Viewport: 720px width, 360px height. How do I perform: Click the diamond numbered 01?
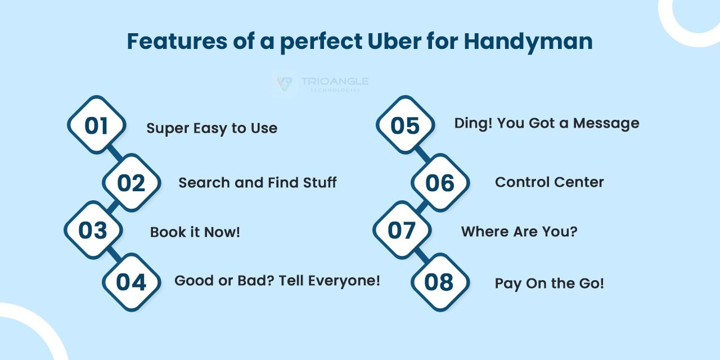(96, 125)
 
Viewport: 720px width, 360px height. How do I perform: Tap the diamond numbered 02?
(132, 183)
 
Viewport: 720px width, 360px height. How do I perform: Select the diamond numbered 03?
(93, 230)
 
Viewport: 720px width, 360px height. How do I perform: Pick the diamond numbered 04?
(132, 282)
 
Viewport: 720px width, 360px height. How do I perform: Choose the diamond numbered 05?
(406, 125)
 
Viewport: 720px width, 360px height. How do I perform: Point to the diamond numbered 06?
(440, 183)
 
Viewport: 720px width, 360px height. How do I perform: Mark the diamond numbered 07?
(402, 230)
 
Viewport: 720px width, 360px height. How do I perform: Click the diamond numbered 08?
(440, 282)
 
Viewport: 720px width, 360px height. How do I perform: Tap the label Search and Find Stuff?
(258, 183)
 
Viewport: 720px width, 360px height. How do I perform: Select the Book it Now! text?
(195, 232)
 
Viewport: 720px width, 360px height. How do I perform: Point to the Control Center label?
(550, 182)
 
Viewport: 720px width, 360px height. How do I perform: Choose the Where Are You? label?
(519, 231)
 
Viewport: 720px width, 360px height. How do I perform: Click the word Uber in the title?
(394, 41)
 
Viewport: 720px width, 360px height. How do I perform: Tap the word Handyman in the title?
(528, 42)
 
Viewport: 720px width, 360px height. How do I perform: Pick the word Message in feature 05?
(606, 124)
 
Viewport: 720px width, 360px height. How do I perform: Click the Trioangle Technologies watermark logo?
(320, 84)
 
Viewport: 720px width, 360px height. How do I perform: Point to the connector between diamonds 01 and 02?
(115, 154)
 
